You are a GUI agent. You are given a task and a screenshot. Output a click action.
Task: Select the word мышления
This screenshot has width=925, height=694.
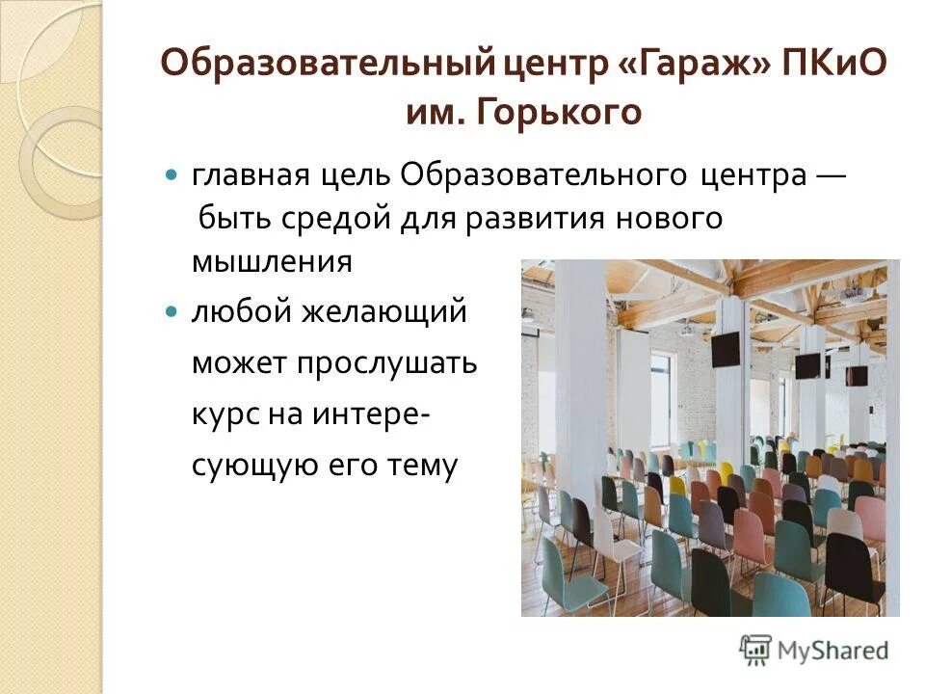point(272,262)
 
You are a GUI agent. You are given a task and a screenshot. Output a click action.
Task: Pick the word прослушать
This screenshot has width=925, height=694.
point(387,363)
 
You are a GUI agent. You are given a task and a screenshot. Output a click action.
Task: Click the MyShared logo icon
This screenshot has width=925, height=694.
point(755,650)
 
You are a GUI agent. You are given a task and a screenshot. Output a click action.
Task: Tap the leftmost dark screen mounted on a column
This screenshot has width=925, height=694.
point(726,349)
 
